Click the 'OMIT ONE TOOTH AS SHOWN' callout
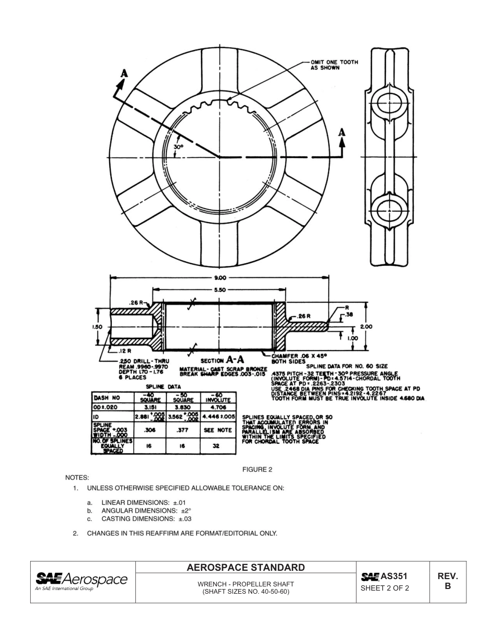[x=334, y=65]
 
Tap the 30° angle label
[x=178, y=147]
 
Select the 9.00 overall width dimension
[x=219, y=278]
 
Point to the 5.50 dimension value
[x=219, y=290]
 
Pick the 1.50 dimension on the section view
[x=97, y=327]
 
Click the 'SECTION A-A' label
[x=222, y=360]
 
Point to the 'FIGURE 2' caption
[x=257, y=470]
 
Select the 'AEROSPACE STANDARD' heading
[x=245, y=567]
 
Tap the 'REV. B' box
[x=447, y=581]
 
